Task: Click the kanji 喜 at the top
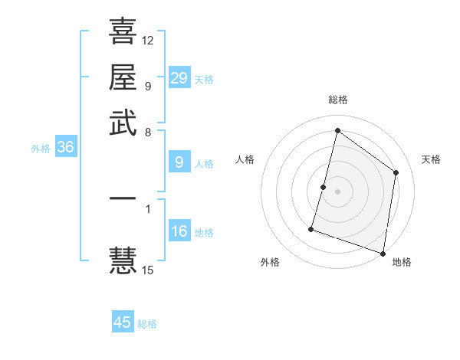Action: tap(123, 32)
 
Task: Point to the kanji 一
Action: tap(123, 199)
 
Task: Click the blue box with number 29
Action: tap(179, 77)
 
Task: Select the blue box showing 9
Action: tap(179, 162)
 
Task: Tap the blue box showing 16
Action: tap(179, 232)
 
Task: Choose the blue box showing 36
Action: tap(65, 148)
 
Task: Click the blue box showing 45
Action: tap(123, 322)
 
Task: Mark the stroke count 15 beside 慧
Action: tap(148, 270)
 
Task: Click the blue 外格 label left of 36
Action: tap(41, 149)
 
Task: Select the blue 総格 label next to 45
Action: tap(147, 324)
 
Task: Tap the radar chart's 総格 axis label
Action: tap(338, 100)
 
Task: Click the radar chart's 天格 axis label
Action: tap(431, 159)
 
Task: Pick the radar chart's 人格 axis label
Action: tap(245, 159)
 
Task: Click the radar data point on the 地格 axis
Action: tap(383, 253)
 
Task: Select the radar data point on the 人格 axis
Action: tap(324, 187)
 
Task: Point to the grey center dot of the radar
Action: tap(338, 191)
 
